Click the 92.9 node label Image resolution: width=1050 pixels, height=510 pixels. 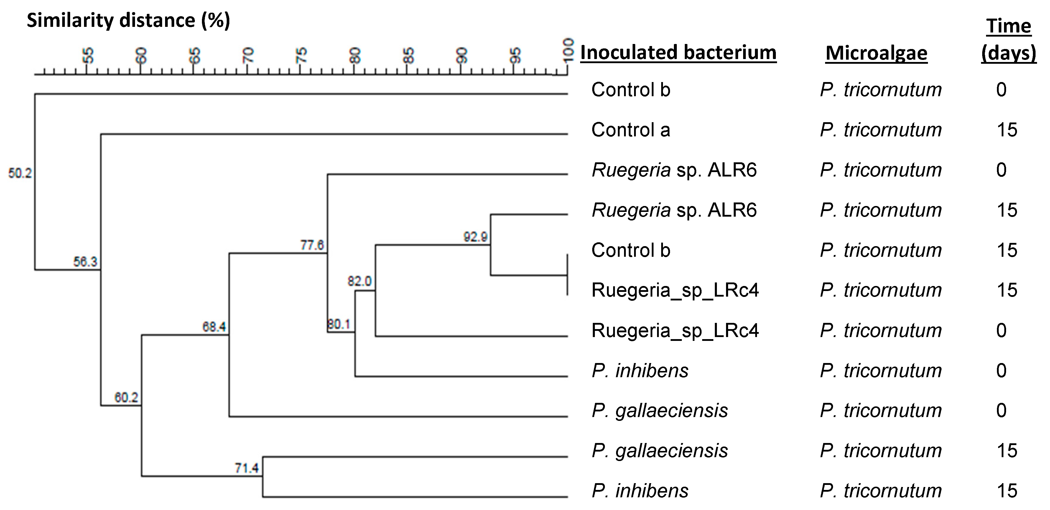(x=475, y=237)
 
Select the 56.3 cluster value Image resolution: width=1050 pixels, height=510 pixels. (x=85, y=261)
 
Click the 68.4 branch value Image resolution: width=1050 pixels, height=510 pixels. (x=214, y=326)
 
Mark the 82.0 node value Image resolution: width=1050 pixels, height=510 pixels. (x=360, y=281)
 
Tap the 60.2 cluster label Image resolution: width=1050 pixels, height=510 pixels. (x=126, y=397)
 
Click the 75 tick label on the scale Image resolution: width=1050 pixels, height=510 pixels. (x=301, y=55)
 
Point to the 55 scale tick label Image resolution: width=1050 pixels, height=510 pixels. (x=87, y=55)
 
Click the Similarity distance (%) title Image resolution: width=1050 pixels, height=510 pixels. (x=129, y=20)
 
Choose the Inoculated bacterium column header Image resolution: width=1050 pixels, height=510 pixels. (x=678, y=53)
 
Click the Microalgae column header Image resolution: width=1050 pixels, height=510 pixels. (x=876, y=53)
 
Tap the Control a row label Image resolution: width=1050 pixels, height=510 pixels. (x=631, y=130)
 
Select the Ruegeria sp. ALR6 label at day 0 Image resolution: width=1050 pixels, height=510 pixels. (x=674, y=170)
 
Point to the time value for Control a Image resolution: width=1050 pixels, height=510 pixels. (x=1007, y=130)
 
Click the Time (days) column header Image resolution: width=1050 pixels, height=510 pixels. (x=1008, y=40)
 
